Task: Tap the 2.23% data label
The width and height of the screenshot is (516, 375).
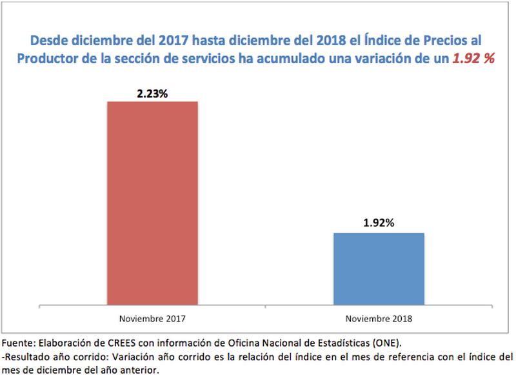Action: [x=152, y=93]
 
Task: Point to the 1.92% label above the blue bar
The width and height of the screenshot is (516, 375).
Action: [x=379, y=224]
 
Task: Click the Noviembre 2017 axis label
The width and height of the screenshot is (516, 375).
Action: [x=152, y=319]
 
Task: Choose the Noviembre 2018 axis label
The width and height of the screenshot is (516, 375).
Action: [x=379, y=319]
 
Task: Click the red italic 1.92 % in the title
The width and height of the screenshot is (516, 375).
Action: [x=474, y=58]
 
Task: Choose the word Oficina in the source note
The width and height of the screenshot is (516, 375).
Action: [x=233, y=341]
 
